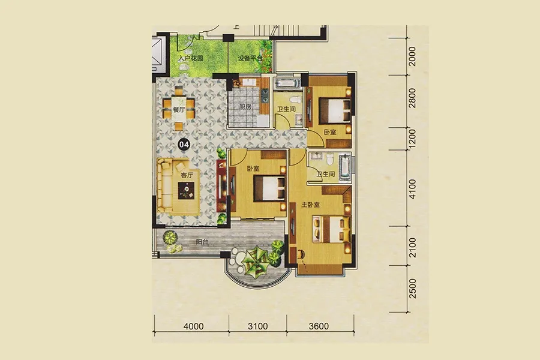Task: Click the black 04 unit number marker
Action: point(184,145)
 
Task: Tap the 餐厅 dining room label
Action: point(179,110)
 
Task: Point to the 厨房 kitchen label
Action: point(245,107)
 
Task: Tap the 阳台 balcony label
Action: point(202,242)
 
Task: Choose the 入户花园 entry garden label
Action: point(190,58)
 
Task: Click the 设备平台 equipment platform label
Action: point(250,58)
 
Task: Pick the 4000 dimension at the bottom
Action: point(194,326)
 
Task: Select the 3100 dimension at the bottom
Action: point(258,326)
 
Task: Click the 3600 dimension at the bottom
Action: point(319,326)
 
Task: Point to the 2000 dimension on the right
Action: point(412,56)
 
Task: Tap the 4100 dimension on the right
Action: point(412,189)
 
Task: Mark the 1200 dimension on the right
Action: point(412,138)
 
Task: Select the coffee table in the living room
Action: point(187,190)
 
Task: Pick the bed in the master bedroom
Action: point(331,228)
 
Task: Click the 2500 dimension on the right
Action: point(412,289)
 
